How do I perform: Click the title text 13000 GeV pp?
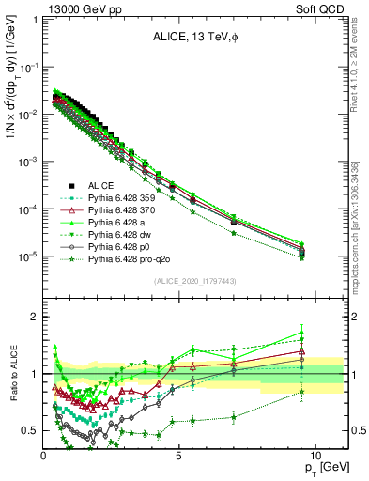pos(78,8)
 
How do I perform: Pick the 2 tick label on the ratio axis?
pos(31,317)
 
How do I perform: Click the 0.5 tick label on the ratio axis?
pos(27,430)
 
